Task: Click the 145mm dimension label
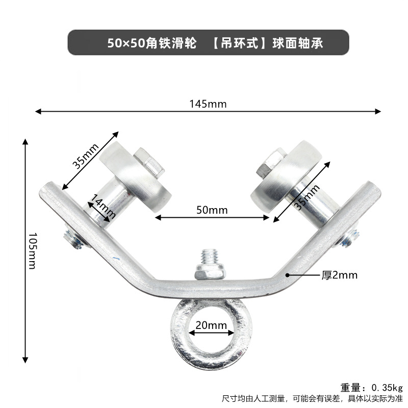point(208,104)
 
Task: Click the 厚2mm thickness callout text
point(340,275)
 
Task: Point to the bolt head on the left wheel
point(149,162)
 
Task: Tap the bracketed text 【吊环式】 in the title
point(239,43)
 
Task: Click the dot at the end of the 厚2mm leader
point(288,275)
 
